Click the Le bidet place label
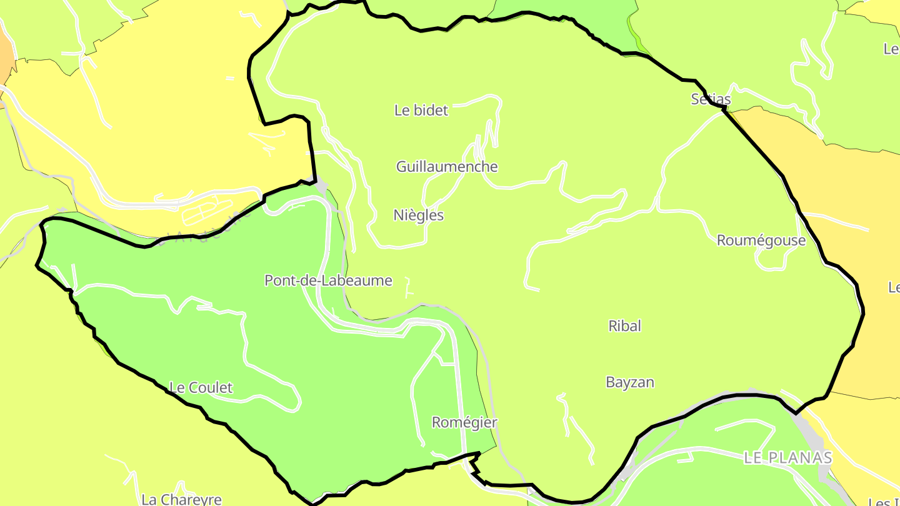pos(421,111)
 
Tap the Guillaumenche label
pos(447,167)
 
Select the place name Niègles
pos(419,216)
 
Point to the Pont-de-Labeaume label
pos(328,280)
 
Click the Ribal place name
pos(624,326)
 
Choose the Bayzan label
pos(630,382)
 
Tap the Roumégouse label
pos(761,241)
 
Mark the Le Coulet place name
pos(201,388)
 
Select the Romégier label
pos(464,423)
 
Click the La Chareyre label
pos(181,499)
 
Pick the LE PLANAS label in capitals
pos(788,458)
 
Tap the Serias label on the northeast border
pos(711,99)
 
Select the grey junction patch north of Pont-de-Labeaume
pos(321,187)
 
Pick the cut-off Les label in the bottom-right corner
pos(884,501)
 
